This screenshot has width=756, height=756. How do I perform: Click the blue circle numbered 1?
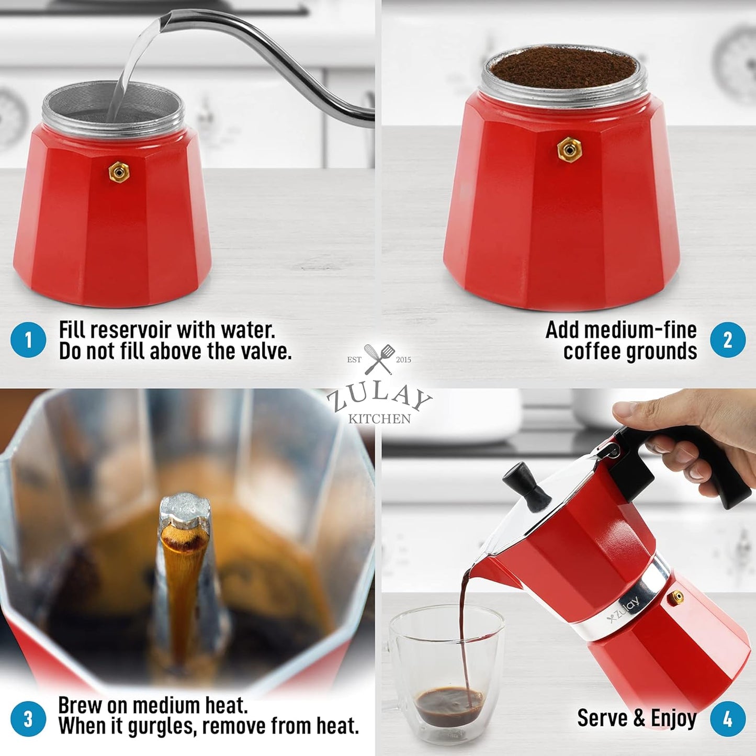click(28, 340)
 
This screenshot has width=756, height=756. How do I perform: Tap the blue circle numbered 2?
click(728, 340)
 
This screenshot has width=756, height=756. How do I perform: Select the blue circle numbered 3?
click(28, 719)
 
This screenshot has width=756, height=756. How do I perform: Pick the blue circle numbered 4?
click(728, 719)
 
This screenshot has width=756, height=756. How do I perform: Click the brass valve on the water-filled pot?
click(119, 172)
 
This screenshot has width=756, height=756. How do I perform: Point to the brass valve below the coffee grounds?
click(569, 150)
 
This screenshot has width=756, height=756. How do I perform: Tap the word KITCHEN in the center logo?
click(380, 419)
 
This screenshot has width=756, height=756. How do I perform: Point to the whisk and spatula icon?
click(379, 359)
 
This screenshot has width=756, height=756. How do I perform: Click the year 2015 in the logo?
click(403, 359)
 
